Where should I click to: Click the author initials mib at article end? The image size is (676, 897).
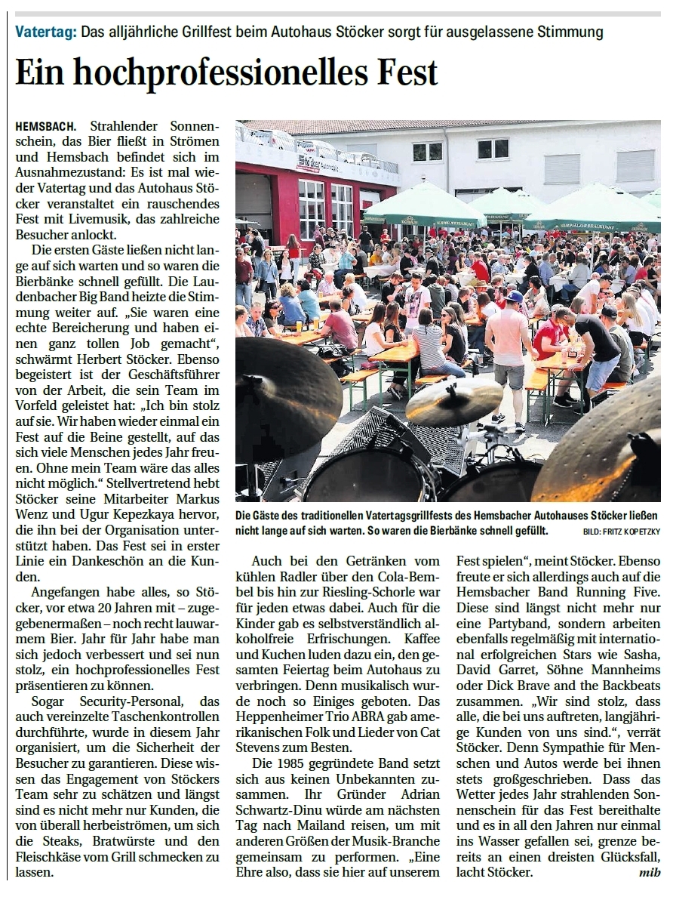click(648, 873)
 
